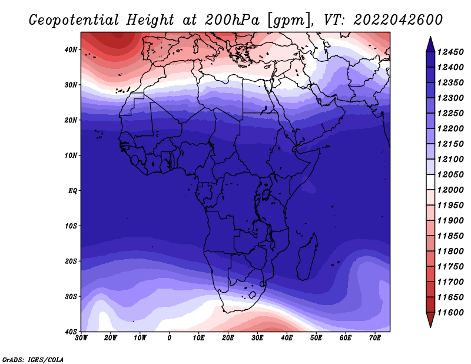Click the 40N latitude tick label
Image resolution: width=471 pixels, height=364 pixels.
71,49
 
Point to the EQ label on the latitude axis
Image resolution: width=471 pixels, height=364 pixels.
72,191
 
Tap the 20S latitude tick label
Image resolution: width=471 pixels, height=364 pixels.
71,261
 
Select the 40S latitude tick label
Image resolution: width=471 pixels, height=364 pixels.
71,332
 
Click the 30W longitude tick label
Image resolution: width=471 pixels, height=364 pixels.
81,338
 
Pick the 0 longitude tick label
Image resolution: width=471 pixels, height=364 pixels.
170,338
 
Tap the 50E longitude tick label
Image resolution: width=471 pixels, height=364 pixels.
316,338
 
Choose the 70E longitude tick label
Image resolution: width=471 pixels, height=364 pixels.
375,338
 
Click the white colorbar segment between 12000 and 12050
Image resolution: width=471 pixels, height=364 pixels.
430,182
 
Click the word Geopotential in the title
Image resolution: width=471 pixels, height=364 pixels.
74,20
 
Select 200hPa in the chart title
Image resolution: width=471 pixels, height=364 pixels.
232,20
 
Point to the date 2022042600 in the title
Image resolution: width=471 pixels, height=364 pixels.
398,20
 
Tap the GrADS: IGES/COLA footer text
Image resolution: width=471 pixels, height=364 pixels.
33,359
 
